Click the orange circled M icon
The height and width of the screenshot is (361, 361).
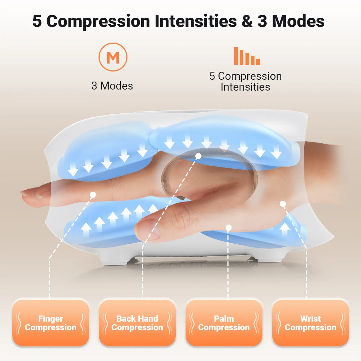[113, 57]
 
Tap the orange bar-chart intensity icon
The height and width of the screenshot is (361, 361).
[247, 56]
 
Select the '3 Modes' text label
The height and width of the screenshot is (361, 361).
[112, 86]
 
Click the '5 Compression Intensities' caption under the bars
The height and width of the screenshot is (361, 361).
[245, 82]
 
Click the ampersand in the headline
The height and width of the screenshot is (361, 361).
[247, 21]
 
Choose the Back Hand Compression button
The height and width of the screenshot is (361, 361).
[137, 323]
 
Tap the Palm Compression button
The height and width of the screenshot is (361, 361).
[224, 323]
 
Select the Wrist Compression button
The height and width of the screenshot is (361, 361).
[310, 323]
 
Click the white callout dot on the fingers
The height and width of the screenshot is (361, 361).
[93, 195]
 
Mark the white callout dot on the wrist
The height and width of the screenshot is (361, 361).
[283, 204]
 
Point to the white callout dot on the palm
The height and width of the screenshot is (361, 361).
[228, 227]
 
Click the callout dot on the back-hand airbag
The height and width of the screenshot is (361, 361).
[198, 156]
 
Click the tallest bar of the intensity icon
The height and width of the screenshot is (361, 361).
[236, 56]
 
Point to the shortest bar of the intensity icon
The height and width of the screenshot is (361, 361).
[258, 62]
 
